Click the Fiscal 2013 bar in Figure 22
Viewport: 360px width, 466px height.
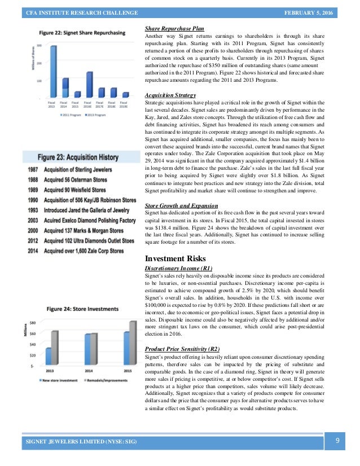(x=53, y=71)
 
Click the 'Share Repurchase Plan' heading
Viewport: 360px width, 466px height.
(x=174, y=28)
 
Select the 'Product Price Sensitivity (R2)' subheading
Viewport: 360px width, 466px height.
(x=183, y=349)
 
